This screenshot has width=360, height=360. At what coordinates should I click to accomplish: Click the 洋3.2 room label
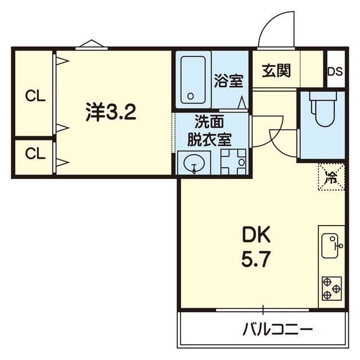[x=110, y=112]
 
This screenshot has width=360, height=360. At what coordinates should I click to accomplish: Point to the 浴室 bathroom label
[x=228, y=81]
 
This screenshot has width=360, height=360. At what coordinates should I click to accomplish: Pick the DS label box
[x=335, y=71]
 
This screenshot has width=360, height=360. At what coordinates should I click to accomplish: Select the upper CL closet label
[x=34, y=96]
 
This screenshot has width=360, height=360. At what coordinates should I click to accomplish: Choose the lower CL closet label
[x=34, y=153]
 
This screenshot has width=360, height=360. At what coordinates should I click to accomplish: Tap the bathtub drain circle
[x=191, y=96]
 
